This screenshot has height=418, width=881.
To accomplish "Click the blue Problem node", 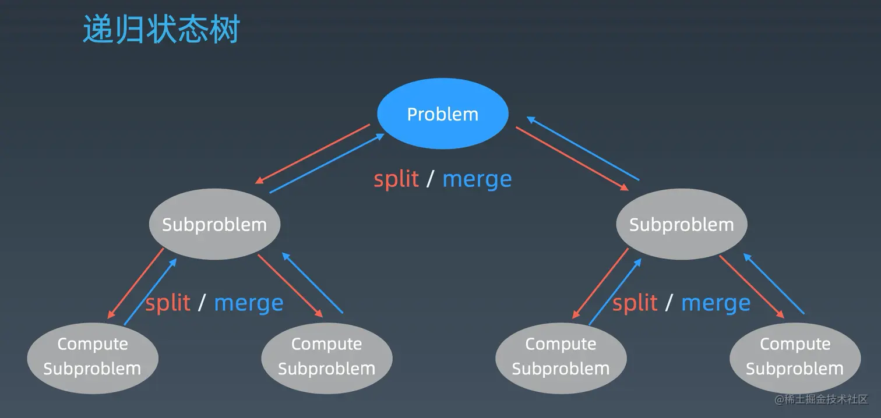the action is pos(442,114).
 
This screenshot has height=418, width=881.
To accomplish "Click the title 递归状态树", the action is pos(161,29).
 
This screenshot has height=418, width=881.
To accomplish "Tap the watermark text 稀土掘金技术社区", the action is pos(826,399).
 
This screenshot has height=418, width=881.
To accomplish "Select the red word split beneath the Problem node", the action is pos(396,179).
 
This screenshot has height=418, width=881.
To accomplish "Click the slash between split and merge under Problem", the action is pos(430,179).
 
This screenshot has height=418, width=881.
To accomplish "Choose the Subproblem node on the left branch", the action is pos(215,224).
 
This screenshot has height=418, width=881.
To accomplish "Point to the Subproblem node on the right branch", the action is pos(682,224).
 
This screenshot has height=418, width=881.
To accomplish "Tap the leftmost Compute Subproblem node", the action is pos(93,358).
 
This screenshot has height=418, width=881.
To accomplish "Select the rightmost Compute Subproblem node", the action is pos(795,358).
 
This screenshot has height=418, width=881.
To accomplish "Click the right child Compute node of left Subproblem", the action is pos(327,358).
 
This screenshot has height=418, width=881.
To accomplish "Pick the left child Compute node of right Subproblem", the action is pos(561,358).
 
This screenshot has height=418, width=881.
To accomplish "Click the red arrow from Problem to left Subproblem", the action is pos(312,154).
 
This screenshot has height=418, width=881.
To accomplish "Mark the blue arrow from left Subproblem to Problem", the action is pos(327,163).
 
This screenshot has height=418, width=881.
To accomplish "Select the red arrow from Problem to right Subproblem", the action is pos(572,159).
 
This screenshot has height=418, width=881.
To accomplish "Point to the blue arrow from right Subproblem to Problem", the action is pos(583,148).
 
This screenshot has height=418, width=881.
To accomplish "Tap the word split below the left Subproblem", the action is pos(168,303).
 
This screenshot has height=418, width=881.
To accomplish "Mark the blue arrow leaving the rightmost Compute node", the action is pos(774,284).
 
